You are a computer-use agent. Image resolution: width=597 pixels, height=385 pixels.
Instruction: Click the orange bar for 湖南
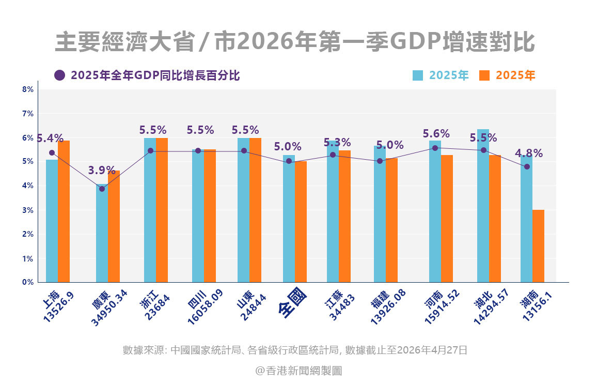click(538, 246)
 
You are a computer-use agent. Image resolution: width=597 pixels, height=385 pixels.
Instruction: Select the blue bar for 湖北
click(483, 207)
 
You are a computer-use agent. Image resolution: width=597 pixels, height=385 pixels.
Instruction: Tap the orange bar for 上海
click(64, 212)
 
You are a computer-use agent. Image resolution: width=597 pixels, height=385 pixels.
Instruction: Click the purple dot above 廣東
click(102, 189)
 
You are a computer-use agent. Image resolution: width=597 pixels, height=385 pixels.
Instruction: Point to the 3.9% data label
click(102, 171)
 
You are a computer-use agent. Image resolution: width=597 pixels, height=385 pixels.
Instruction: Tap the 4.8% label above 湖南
click(528, 153)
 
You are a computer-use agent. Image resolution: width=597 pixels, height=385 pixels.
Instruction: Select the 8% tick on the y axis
click(28, 89)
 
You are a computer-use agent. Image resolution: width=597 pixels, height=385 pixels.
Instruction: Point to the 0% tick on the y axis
click(28, 282)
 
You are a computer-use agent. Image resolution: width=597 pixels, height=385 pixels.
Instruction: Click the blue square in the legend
click(418, 75)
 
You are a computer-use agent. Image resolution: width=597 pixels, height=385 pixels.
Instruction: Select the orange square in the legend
click(484, 75)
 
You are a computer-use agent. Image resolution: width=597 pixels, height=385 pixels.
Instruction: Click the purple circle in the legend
click(60, 75)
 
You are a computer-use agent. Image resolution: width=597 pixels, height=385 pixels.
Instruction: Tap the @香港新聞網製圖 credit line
click(298, 371)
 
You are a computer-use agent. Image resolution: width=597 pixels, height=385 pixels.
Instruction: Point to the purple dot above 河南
click(435, 148)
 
